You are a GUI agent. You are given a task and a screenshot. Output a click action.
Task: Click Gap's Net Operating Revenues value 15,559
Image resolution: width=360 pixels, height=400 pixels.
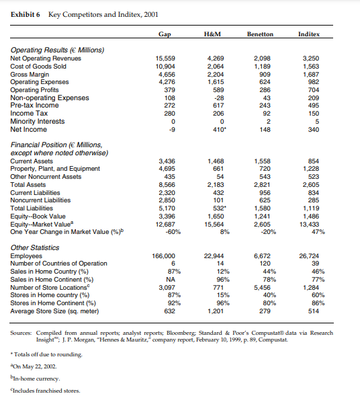pyautogui.click(x=165, y=60)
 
